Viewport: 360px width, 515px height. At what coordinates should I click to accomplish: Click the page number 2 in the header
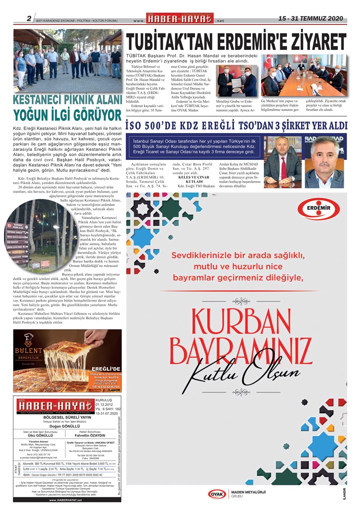[29, 19]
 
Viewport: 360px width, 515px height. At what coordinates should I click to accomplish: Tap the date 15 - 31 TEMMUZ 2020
[311, 18]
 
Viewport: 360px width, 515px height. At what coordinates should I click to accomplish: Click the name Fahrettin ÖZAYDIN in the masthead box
[91, 437]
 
